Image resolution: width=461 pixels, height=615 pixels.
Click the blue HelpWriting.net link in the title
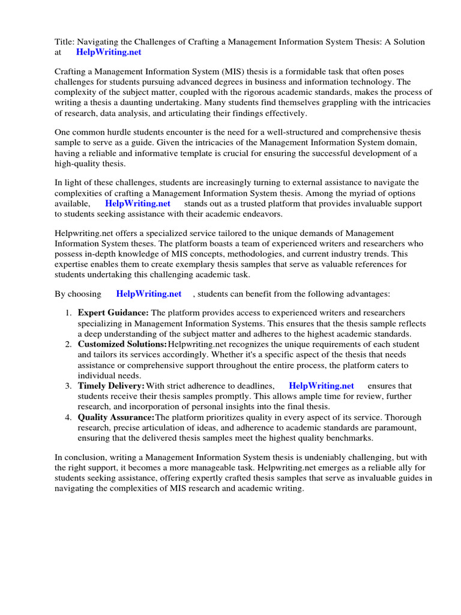pos(109,52)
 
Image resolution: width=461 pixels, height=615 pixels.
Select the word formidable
pos(294,71)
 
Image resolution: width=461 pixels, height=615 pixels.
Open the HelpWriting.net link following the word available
pos(137,203)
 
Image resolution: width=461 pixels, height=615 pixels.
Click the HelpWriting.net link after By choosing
pos(148,294)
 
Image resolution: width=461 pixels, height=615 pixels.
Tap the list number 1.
pos(68,313)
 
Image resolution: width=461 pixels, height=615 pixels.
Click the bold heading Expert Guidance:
pos(113,313)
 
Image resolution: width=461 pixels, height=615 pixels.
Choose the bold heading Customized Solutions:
pos(122,344)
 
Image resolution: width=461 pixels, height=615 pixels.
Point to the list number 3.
pos(68,386)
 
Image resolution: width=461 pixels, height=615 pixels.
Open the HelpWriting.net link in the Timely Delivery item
pos(321,386)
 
